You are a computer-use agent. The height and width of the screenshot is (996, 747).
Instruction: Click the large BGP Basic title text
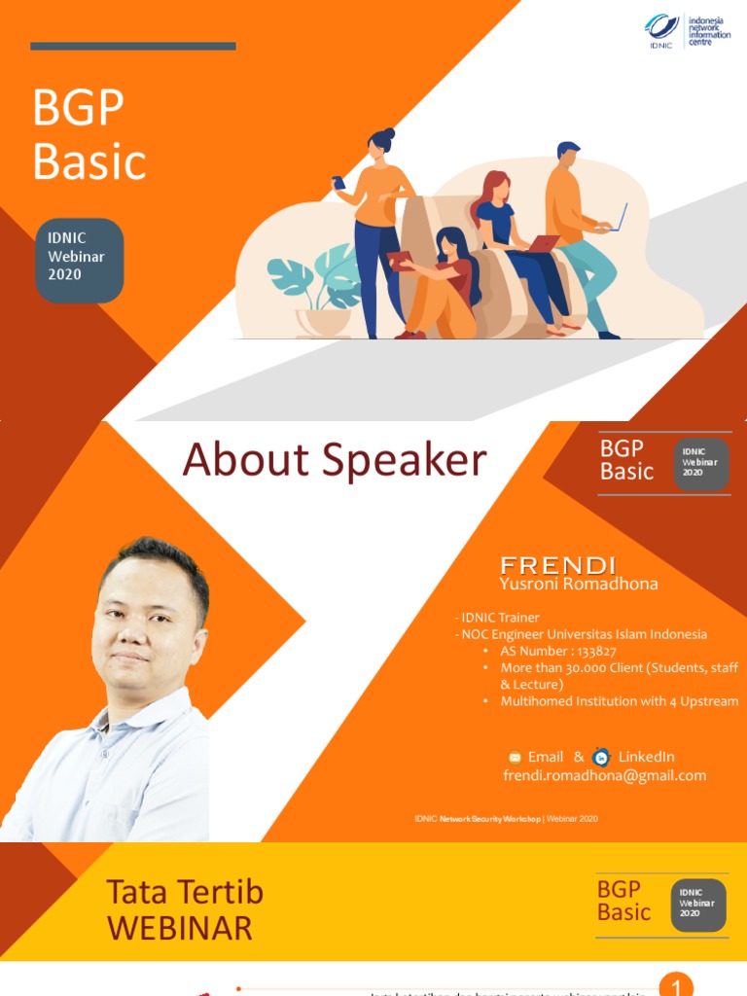89,134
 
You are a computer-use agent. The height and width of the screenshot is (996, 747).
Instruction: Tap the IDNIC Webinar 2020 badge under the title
79,260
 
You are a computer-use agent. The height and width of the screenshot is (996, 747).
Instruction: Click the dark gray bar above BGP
132,46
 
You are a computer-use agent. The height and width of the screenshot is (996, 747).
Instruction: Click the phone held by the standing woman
338,183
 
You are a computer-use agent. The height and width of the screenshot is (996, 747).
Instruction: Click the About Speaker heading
335,459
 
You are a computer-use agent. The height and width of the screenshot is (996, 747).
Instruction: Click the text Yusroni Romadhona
578,584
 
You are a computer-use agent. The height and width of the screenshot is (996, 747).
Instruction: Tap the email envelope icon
516,758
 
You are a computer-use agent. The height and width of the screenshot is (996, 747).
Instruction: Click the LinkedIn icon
602,757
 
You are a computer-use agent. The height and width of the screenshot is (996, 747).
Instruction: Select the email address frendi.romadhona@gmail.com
604,775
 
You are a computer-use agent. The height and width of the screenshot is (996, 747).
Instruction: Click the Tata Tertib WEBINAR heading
184,909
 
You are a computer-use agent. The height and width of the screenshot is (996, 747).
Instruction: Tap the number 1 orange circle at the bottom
676,984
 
